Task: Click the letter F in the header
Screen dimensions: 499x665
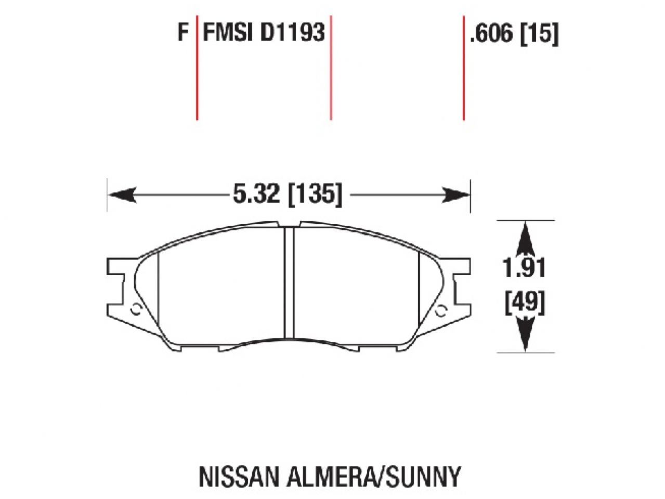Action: click(x=182, y=33)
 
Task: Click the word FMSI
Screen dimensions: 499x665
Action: click(x=228, y=33)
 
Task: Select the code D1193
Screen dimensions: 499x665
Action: click(x=292, y=33)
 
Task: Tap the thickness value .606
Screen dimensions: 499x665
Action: click(x=491, y=34)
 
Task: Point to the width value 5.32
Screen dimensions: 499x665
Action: click(x=255, y=195)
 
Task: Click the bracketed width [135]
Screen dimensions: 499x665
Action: click(x=315, y=195)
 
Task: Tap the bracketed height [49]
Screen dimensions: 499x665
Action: click(x=525, y=302)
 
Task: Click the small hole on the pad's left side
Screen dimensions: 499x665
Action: click(x=136, y=310)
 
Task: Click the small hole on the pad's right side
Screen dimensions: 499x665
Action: click(x=441, y=310)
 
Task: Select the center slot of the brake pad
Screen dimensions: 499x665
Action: click(x=289, y=283)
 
